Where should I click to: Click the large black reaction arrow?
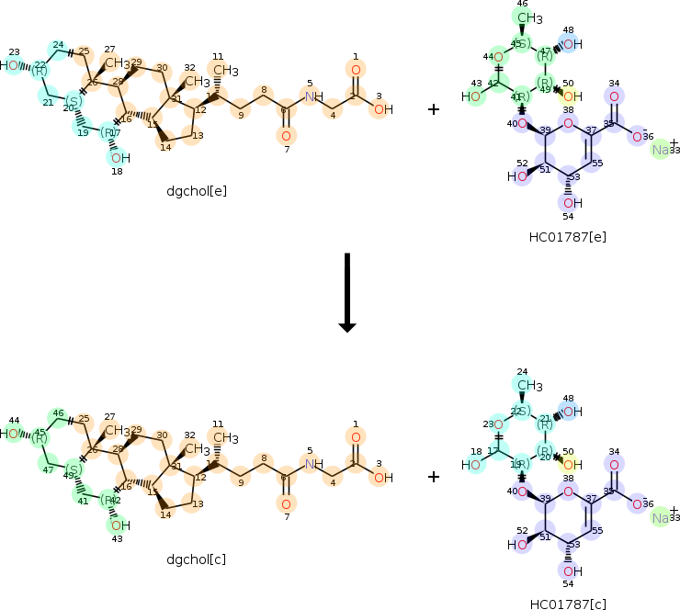tap(346, 292)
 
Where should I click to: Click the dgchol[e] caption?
tap(197, 191)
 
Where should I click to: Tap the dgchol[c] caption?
tap(197, 559)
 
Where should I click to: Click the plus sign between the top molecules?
tap(434, 109)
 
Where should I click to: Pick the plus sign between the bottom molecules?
tap(434, 477)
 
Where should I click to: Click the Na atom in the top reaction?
tap(661, 150)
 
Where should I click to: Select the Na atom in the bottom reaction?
tap(661, 518)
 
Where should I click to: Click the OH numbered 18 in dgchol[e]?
tap(119, 158)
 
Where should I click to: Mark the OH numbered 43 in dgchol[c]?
tap(119, 525)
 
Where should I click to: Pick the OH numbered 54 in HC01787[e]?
tap(570, 202)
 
